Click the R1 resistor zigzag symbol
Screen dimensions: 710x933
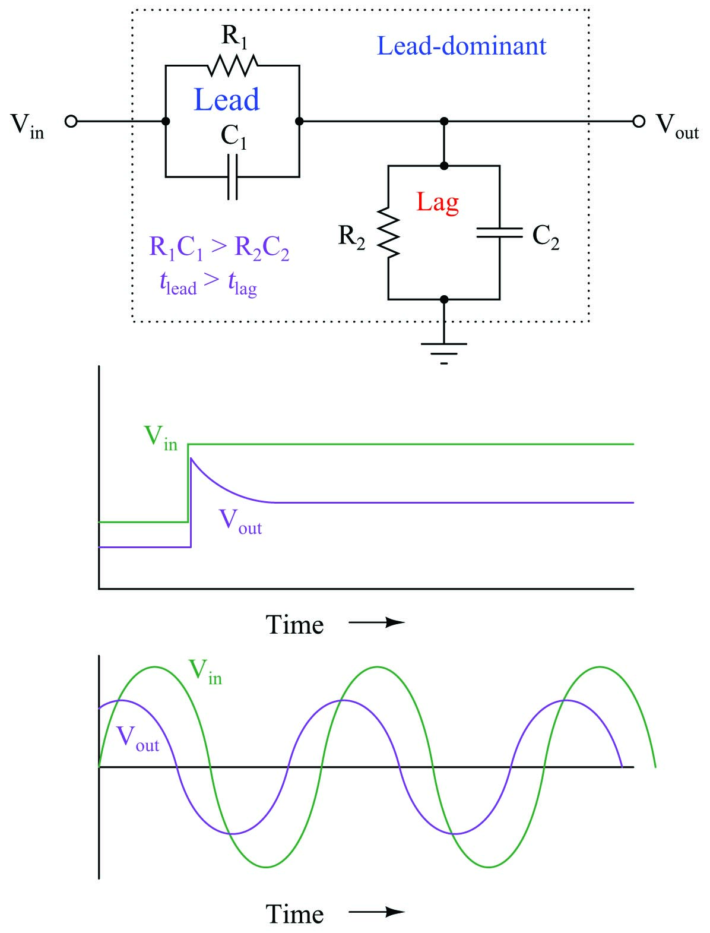(x=233, y=65)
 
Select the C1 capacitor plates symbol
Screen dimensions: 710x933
(x=233, y=177)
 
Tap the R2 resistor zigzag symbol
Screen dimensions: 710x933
(x=388, y=232)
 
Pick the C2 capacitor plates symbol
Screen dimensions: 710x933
(x=500, y=232)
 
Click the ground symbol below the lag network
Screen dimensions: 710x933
(x=444, y=353)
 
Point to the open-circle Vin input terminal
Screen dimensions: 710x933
(x=71, y=122)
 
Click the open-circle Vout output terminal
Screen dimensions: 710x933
(x=639, y=122)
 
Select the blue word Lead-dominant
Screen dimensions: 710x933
(x=461, y=46)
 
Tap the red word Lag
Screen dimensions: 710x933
(x=437, y=202)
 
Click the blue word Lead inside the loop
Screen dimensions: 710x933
(x=226, y=99)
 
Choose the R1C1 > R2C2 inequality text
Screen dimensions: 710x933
(x=219, y=248)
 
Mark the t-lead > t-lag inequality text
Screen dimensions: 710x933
(x=208, y=283)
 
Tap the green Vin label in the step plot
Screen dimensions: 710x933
(x=161, y=438)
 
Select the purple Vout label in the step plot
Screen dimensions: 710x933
(x=240, y=521)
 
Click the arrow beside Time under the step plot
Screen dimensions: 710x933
(x=377, y=623)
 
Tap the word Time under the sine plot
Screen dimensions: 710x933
(x=294, y=914)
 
